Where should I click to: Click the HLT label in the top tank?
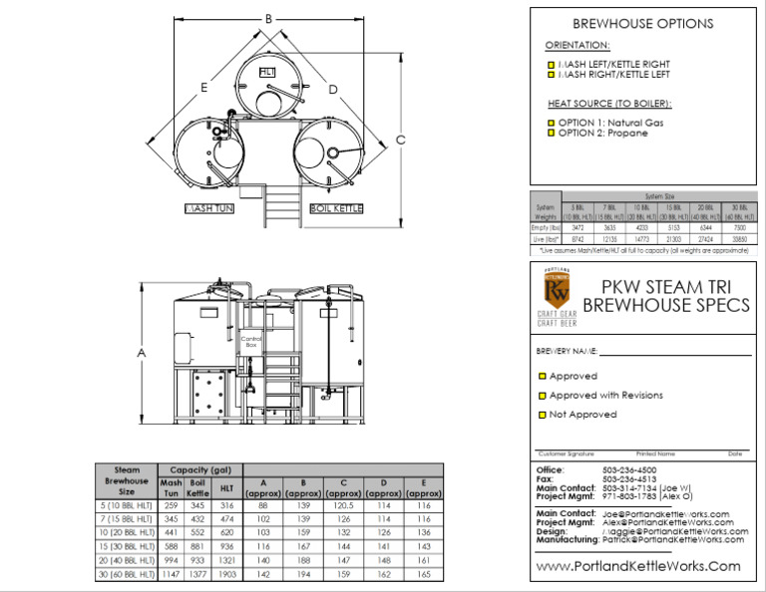pos(266,73)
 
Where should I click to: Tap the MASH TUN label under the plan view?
pos(209,209)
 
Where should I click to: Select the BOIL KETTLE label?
pos(336,209)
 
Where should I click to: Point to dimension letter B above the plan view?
pos(268,19)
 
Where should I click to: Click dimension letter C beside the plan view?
pos(400,140)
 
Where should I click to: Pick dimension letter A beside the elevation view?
pos(142,353)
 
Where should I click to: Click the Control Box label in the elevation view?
pos(249,342)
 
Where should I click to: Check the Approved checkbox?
pos(543,377)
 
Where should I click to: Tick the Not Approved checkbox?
pos(543,415)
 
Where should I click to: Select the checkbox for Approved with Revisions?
pos(543,396)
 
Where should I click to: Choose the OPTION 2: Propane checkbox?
pos(550,133)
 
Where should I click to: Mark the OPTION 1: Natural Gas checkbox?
pos(550,124)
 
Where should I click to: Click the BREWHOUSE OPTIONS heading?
pos(642,24)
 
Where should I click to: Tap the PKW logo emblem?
pos(557,290)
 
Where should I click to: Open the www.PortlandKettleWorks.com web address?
pos(638,566)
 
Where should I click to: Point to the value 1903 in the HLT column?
pos(226,575)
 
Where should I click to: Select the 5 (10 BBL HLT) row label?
pos(125,506)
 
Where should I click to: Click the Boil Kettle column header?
pos(197,487)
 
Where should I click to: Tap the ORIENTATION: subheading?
pos(577,46)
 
